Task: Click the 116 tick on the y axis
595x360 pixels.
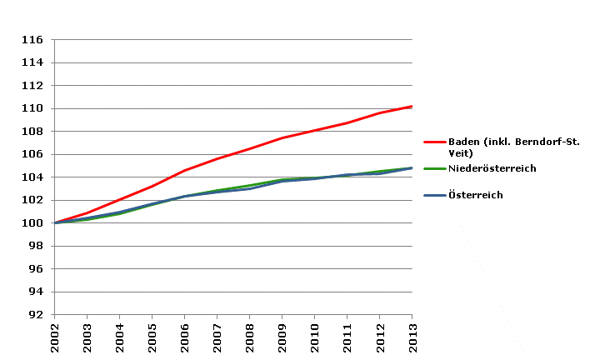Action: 32,39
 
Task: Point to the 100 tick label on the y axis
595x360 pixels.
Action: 32,223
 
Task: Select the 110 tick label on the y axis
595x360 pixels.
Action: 32,108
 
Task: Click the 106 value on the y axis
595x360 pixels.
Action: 32,154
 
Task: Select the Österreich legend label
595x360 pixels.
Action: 475,195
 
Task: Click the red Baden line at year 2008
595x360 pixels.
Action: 249,149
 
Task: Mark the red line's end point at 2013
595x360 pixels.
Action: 412,107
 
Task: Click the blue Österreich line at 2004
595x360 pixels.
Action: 119,212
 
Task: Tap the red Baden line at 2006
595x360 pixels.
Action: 184,170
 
